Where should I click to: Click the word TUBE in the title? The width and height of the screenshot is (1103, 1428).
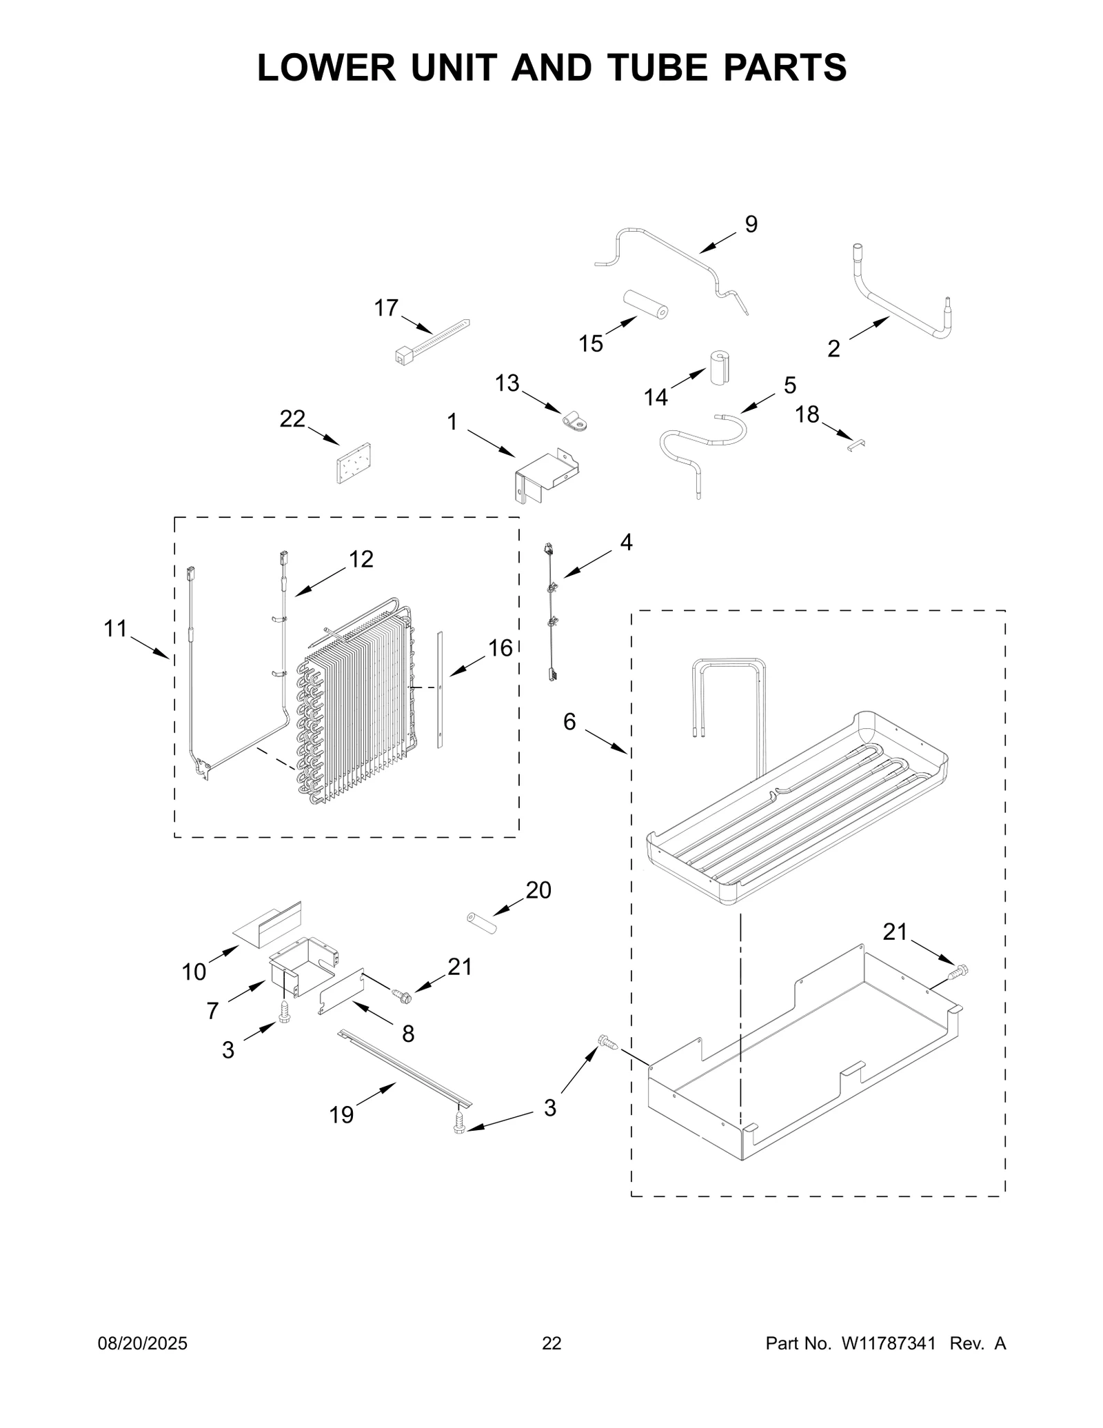pos(669,68)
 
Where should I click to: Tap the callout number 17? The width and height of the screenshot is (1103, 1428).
pos(386,308)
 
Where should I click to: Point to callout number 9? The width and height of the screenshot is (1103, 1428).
pos(751,224)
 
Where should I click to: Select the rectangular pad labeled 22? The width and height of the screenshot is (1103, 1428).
pos(353,463)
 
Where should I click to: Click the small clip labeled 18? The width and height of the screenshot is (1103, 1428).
pos(856,445)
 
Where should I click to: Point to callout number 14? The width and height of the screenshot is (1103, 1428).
pos(656,397)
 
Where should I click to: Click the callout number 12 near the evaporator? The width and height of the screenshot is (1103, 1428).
pos(361,559)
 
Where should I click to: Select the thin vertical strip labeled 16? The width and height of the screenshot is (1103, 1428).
pos(440,690)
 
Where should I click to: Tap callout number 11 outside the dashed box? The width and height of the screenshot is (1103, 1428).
pos(116,629)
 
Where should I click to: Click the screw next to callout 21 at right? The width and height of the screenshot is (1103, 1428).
pos(958,972)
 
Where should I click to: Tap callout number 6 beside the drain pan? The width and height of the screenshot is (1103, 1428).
pos(569,722)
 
